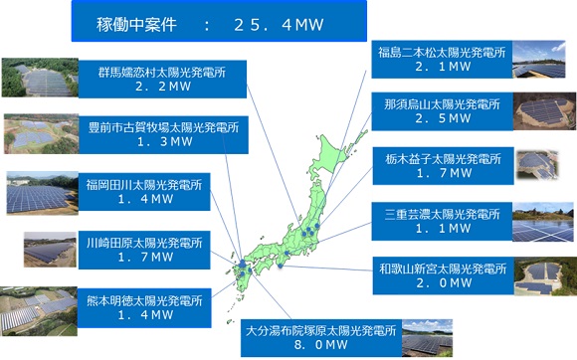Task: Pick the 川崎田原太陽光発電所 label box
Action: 144,249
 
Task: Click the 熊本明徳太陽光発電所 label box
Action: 144,305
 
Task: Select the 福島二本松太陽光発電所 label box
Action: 441,58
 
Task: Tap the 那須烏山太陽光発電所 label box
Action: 441,110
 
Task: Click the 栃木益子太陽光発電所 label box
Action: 441,165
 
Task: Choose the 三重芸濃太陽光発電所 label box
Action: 441,220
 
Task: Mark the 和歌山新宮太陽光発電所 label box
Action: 441,274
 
